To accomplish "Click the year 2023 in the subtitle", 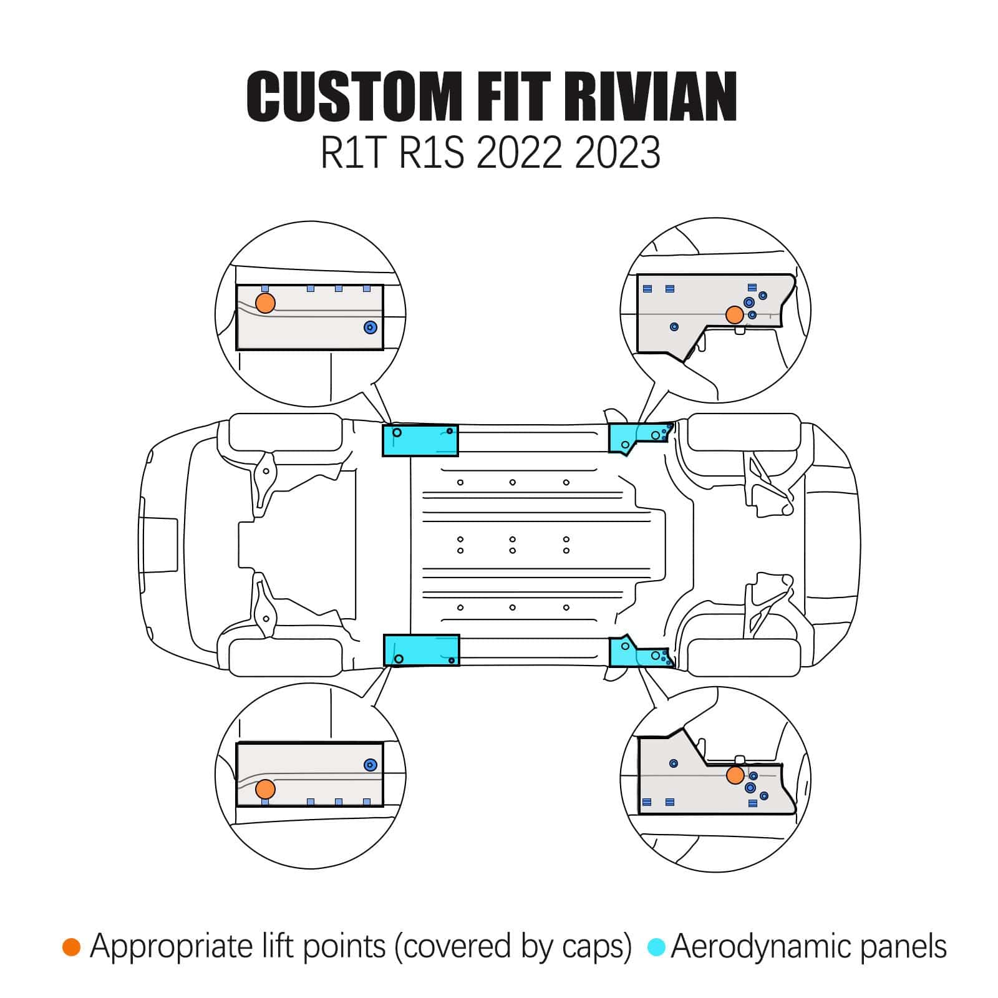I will tap(617, 152).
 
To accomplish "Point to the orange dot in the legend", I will tap(72, 947).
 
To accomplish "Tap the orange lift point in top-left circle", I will tap(265, 303).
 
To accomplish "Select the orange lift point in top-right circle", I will tap(735, 315).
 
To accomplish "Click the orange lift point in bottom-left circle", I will tap(265, 788).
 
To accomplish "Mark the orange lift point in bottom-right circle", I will tap(735, 775).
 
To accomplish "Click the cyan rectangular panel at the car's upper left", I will tap(420, 441).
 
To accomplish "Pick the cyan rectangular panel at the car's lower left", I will tap(421, 651).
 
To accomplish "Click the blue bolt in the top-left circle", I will tap(371, 327).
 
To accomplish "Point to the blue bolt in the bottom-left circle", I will tap(371, 765).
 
